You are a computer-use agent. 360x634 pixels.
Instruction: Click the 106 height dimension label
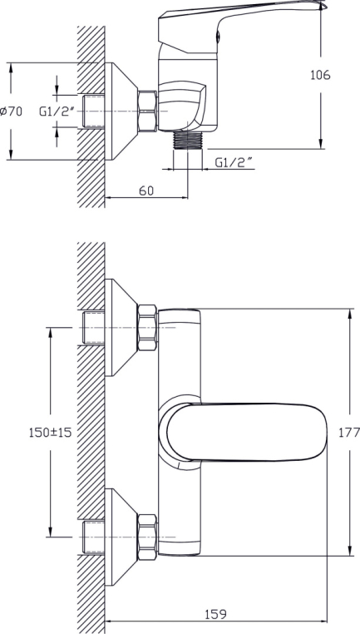320,75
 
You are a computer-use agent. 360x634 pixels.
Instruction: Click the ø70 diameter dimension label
12,111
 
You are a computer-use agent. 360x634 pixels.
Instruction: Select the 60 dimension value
146,191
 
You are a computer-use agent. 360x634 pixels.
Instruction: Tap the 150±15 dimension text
50,433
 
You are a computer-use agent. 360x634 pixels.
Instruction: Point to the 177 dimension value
348,433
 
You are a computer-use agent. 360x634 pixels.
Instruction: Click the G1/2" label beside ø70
57,111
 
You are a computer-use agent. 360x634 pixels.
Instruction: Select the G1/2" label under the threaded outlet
234,162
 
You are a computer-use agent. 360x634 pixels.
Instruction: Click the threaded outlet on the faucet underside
187,140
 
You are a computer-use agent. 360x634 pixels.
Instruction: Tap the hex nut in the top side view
147,111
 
